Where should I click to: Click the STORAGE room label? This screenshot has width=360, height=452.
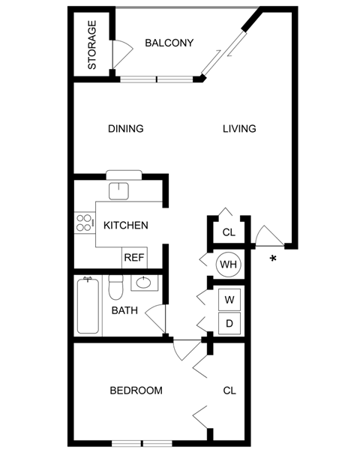pos(92,45)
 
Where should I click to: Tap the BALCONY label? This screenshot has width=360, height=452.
pos(169,43)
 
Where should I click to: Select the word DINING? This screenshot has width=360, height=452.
pos(125,128)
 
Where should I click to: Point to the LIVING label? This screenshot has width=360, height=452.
pos(239,128)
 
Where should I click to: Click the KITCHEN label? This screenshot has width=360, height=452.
pos(125,225)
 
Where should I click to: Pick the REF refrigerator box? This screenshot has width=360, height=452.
pos(133,257)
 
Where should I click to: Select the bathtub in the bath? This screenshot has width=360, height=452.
pos(87,307)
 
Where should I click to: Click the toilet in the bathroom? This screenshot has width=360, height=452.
pos(115,288)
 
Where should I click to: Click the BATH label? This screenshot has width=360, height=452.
pos(124,310)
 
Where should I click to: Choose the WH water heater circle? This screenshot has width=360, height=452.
pos(228,265)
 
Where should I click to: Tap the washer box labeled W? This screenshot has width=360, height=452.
pos(229,300)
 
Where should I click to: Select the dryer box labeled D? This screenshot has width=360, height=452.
pos(229,324)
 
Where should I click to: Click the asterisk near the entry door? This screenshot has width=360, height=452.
pos(273,259)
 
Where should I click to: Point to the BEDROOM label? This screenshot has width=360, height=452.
pos(136,391)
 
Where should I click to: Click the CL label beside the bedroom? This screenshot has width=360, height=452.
pos(229,391)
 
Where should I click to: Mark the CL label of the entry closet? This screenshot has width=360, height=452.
pos(229,232)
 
